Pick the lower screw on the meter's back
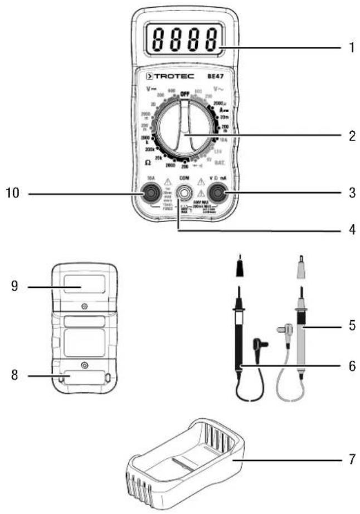point(84,365)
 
